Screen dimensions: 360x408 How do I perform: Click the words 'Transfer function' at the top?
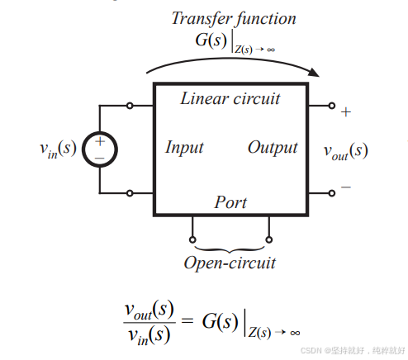click(x=233, y=17)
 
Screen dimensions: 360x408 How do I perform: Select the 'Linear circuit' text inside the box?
click(x=230, y=99)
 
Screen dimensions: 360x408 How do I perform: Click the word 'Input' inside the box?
click(x=184, y=149)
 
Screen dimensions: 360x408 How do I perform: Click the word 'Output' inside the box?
click(x=273, y=149)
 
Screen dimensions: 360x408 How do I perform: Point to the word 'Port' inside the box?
click(x=230, y=201)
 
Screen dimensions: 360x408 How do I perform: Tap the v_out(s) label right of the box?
click(x=345, y=151)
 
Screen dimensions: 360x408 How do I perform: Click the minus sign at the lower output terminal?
click(x=345, y=187)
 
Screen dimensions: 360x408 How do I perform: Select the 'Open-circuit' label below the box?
click(x=230, y=263)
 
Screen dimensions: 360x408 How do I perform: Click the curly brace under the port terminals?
click(x=230, y=249)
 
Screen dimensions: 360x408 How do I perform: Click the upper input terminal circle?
click(x=130, y=106)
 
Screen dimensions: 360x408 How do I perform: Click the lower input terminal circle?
click(x=130, y=193)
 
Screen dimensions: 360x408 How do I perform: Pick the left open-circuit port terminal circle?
click(x=192, y=240)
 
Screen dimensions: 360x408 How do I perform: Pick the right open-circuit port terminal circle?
click(x=268, y=240)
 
